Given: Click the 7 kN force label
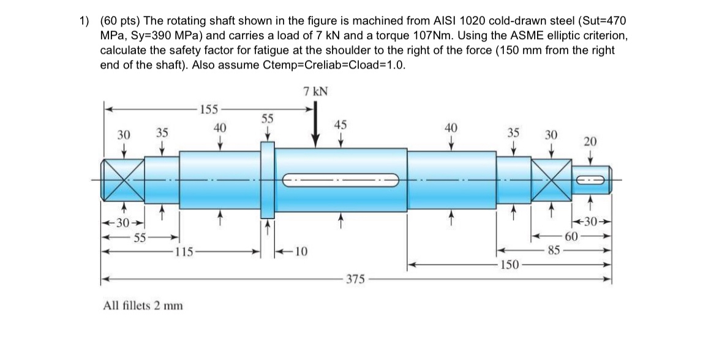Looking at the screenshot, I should click(315, 91).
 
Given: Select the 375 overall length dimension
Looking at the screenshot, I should click(355, 279).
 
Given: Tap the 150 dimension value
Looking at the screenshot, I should click(510, 264).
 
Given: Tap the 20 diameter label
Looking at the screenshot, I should click(590, 141).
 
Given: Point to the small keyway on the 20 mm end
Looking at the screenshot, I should click(592, 179).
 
